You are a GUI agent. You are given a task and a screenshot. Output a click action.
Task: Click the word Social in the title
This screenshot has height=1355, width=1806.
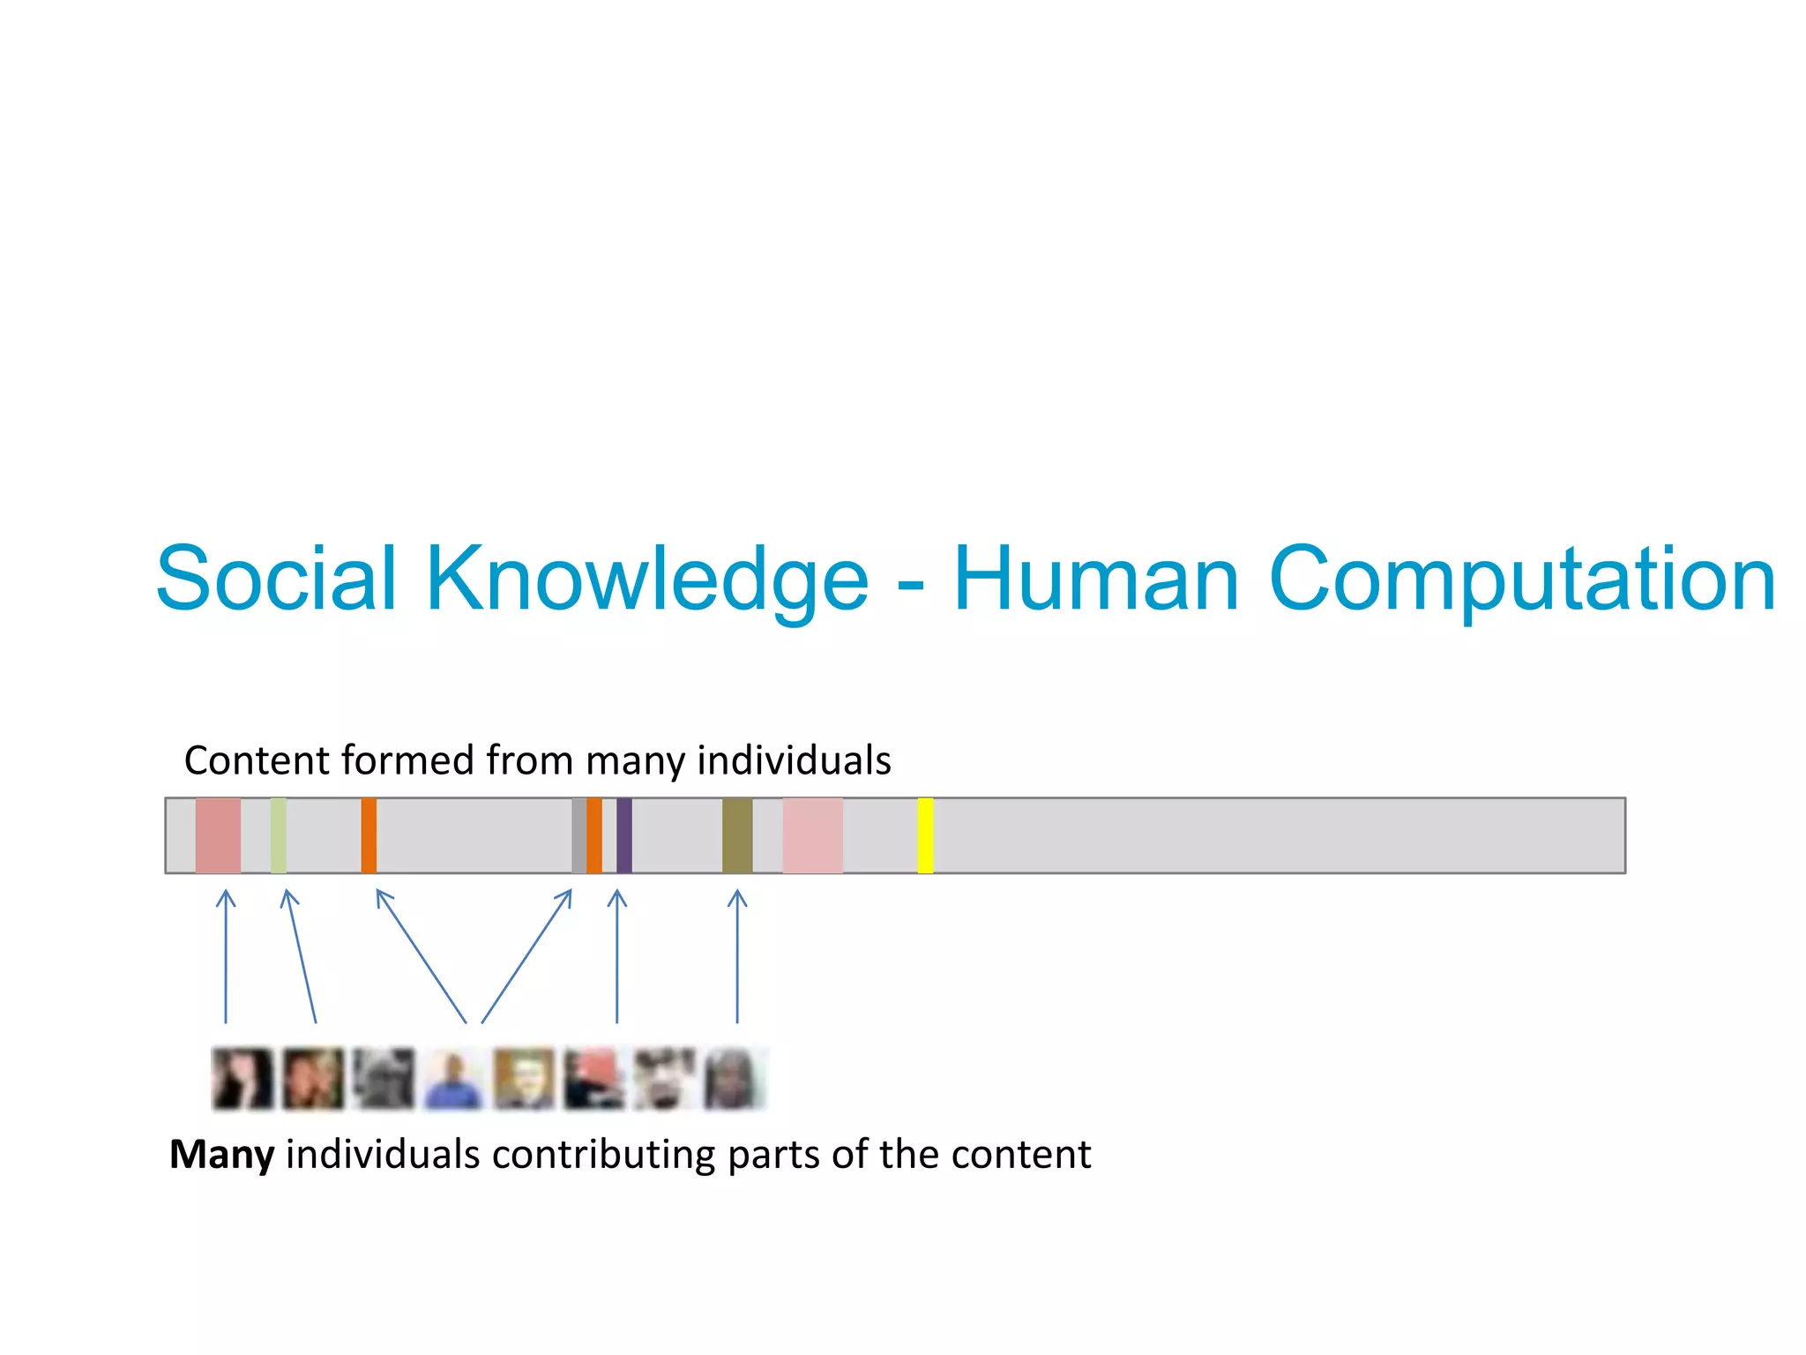click(276, 579)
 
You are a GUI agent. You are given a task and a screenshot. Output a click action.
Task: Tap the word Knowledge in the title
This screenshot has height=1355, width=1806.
click(647, 579)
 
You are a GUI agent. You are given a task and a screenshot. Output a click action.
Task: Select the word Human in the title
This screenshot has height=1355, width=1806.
click(1097, 579)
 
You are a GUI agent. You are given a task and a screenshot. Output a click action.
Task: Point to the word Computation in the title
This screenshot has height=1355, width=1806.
click(1522, 579)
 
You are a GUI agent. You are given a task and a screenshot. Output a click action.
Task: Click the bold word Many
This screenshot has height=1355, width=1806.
click(221, 1155)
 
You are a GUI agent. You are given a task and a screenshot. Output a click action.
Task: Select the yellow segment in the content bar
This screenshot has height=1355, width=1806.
click(925, 835)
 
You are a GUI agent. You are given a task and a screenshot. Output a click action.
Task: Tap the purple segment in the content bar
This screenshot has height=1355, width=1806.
click(624, 835)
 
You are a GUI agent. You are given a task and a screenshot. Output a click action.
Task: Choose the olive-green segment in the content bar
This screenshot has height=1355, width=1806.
click(737, 835)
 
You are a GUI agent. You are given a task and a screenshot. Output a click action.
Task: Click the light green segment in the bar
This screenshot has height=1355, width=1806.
click(279, 835)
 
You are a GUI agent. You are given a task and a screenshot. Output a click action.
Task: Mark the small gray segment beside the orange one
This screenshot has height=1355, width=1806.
click(578, 835)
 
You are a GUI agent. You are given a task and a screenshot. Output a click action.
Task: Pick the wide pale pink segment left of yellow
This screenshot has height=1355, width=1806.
click(812, 835)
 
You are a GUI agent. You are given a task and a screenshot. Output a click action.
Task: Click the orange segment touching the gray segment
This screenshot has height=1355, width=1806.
click(594, 835)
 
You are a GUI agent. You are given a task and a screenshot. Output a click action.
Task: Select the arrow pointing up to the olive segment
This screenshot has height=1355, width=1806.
click(737, 957)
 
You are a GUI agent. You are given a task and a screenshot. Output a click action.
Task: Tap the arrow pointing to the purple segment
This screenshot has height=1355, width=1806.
click(617, 957)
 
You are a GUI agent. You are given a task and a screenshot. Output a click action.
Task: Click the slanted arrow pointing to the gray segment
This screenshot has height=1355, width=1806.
click(526, 957)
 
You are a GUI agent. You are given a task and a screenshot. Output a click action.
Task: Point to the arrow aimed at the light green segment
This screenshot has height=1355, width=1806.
click(300, 957)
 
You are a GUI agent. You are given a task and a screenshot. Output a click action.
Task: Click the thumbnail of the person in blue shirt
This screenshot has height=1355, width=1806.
click(453, 1079)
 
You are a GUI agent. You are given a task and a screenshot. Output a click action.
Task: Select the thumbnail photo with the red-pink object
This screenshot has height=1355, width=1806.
click(593, 1079)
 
